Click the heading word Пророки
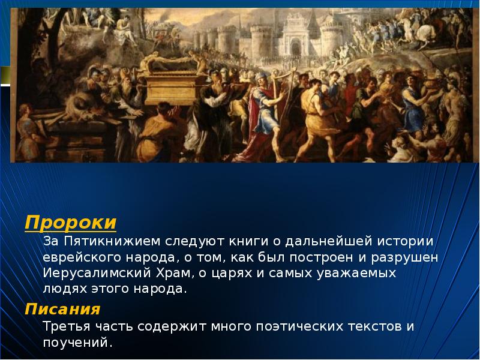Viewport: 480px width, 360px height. tap(70, 223)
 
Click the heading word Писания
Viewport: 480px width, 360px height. tap(62, 310)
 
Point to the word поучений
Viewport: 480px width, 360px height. tap(77, 343)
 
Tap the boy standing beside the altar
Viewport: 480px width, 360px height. tap(27, 129)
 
